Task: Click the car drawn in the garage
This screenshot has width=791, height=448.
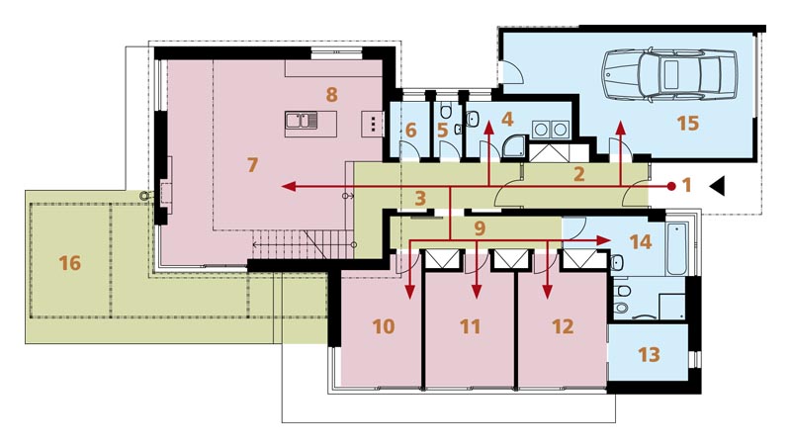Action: [x=669, y=75]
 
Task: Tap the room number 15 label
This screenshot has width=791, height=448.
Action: [x=687, y=123]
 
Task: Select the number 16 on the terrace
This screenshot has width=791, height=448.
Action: [x=69, y=263]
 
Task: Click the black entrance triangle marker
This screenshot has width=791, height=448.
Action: [x=718, y=186]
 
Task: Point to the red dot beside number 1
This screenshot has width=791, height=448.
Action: [x=671, y=186]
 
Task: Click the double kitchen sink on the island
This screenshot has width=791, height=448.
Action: [x=302, y=121]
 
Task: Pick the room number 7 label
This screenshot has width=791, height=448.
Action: [x=252, y=164]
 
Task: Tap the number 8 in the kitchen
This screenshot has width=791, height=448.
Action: [x=331, y=94]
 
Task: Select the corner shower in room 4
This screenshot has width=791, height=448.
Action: [x=514, y=147]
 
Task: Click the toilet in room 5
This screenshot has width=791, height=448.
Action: [x=446, y=110]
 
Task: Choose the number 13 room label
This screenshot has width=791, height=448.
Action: [x=649, y=354]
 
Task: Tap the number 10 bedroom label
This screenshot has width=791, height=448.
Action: [x=384, y=326]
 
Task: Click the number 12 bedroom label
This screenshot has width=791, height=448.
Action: [x=563, y=326]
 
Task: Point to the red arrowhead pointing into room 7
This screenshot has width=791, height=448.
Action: [x=289, y=187]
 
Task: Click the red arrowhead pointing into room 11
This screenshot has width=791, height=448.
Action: [x=477, y=292]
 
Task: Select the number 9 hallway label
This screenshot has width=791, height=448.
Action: [x=480, y=228]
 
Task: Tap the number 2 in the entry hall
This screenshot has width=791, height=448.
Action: [x=579, y=174]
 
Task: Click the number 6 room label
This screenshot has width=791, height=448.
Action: [x=410, y=131]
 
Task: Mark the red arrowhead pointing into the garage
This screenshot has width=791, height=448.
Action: [x=620, y=128]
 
